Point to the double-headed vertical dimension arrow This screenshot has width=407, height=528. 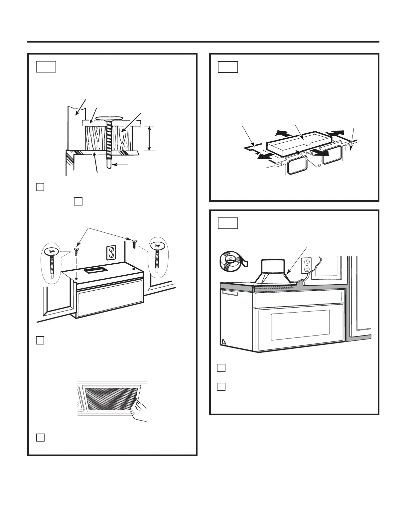click(x=150, y=138)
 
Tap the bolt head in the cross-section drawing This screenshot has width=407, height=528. click(x=107, y=118)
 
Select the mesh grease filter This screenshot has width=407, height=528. click(x=110, y=400)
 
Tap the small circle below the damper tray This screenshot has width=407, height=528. click(x=320, y=165)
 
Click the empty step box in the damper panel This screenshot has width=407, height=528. click(x=228, y=67)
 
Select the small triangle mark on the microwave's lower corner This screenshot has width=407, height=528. click(x=223, y=341)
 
